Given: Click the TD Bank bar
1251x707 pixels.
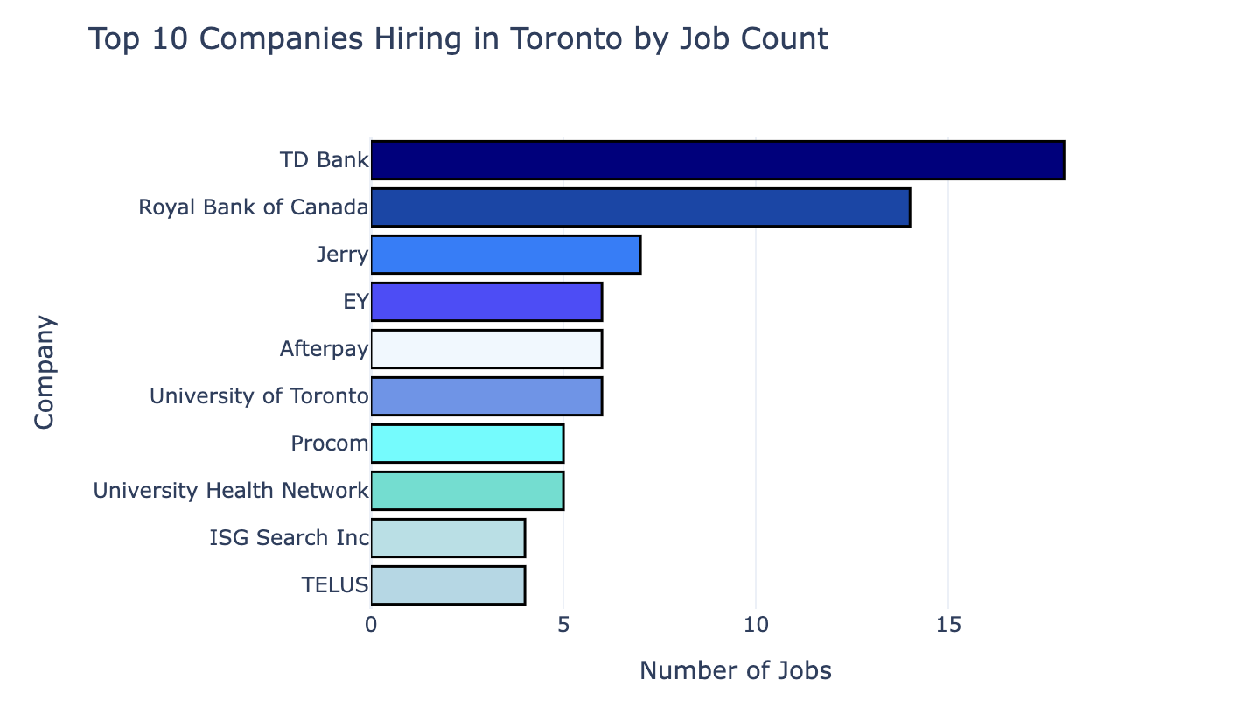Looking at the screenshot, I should pos(717,160).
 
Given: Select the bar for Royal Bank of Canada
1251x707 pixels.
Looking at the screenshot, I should pos(640,207).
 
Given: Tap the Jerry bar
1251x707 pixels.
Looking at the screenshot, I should pos(506,255).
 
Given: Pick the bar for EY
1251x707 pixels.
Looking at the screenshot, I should pos(486,302).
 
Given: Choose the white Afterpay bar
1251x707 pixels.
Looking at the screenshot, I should pos(486,349).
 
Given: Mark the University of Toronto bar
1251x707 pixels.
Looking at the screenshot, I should pos(486,396).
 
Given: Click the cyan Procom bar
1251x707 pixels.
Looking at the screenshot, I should pos(467,444).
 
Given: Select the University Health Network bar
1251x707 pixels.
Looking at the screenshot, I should pos(467,491).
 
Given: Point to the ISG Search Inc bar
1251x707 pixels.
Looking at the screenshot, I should pos(448,538).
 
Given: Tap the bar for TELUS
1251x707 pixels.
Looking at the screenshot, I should pos(448,585).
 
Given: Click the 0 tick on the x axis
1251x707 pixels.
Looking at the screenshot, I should pos(372,626).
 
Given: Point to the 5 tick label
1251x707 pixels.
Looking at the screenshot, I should pos(563,626).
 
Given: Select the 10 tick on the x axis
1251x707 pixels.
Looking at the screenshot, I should pos(756,626).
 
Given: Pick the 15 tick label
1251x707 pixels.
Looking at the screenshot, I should pos(948,626).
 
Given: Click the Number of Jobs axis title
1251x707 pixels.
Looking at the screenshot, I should pos(736,671).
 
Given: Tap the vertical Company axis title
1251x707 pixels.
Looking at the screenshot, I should pos(45,373).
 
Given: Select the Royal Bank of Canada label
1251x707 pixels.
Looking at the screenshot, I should pos(254,208).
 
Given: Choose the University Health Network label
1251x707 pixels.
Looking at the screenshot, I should pos(231,491).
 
